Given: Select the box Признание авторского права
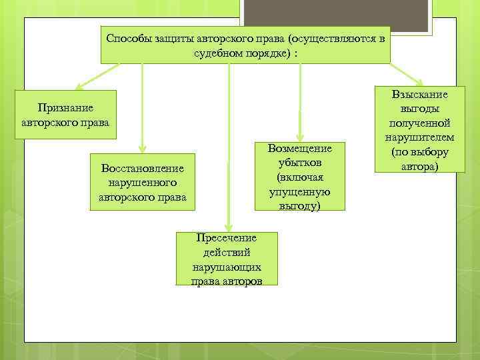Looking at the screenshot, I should pyautogui.click(x=66, y=115).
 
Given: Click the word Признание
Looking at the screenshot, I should pyautogui.click(x=66, y=107).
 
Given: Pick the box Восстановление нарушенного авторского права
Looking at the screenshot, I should pyautogui.click(x=142, y=181).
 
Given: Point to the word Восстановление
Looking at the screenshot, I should pyautogui.click(x=142, y=167).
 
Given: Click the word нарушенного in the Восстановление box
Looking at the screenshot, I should pyautogui.click(x=142, y=181).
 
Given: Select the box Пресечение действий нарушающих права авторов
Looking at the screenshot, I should pyautogui.click(x=226, y=259).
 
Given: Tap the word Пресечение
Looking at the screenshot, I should pyautogui.click(x=226, y=238).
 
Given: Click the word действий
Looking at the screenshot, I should pyautogui.click(x=226, y=252).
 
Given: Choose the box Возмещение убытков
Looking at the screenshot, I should pyautogui.click(x=299, y=176).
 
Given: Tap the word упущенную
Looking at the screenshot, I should pyautogui.click(x=299, y=192).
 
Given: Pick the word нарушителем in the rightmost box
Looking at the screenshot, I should pyautogui.click(x=419, y=138).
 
